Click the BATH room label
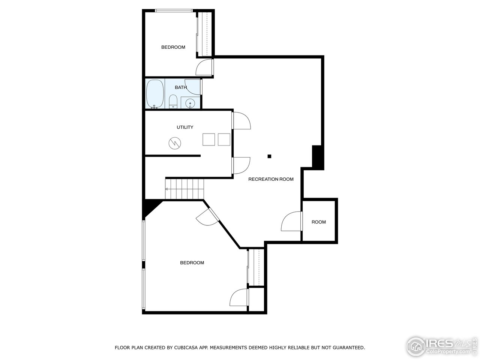pos(181,87)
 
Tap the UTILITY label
pos(185,127)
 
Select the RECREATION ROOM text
pos(271,179)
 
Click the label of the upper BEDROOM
pos(173,47)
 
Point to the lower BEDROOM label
pos(192,263)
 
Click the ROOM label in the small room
pos(319,222)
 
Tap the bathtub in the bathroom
pos(154,94)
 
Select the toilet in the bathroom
pos(173,102)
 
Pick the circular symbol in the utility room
pos(174,143)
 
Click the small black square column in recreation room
pos(269,156)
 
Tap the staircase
pos(184,189)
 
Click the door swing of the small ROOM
pos(291,222)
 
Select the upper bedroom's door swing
pos(204,68)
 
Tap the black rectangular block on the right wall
pos(317,156)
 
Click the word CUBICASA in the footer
pos(186,348)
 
